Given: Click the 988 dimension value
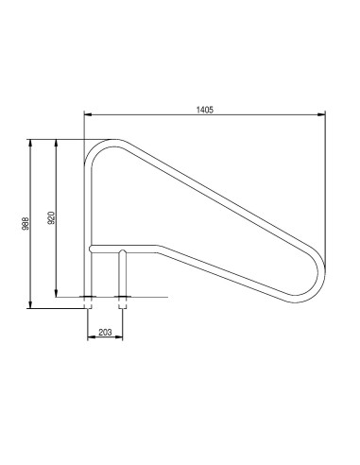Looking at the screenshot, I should (26, 224).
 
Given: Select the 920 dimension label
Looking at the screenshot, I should (51, 216).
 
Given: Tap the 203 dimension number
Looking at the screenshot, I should (105, 332).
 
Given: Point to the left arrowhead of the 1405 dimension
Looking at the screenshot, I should (88, 115).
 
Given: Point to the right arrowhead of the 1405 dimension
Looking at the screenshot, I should (324, 115).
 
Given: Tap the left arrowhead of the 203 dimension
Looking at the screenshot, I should (90, 337).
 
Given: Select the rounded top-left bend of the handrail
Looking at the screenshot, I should (96, 150).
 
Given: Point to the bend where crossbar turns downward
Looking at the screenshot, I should (159, 250).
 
